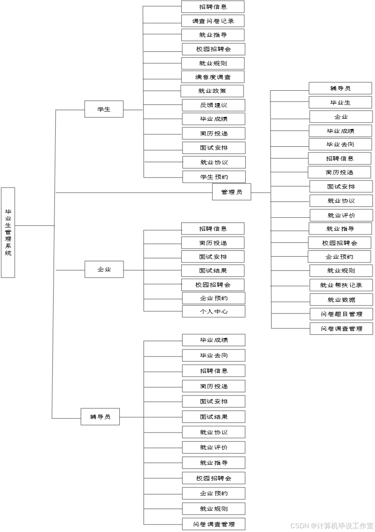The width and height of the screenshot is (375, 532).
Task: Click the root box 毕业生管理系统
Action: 9,233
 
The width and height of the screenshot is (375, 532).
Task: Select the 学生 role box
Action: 105,109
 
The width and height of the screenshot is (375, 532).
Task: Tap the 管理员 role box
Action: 232,193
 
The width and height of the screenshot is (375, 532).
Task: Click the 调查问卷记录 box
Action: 213,21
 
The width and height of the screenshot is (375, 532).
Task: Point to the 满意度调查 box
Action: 213,77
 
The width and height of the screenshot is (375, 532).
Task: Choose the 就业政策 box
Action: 213,92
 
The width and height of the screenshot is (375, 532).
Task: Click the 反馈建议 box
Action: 214,106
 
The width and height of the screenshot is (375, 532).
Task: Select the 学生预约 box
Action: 214,177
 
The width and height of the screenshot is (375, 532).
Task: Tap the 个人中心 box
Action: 214,312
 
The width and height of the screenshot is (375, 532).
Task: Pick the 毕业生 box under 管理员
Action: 341,103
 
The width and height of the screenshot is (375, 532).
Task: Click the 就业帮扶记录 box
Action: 342,286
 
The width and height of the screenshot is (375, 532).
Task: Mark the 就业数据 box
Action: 342,300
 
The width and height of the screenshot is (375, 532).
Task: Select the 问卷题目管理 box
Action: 342,315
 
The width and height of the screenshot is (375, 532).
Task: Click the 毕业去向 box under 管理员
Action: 341,145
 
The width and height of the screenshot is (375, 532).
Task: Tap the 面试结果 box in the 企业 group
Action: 213,271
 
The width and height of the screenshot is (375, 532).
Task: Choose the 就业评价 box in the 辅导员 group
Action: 214,448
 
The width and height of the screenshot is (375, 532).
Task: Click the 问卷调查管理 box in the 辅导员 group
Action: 214,524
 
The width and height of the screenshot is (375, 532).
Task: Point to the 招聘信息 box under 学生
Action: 213,7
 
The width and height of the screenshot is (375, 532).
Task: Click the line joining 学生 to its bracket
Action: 134,110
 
